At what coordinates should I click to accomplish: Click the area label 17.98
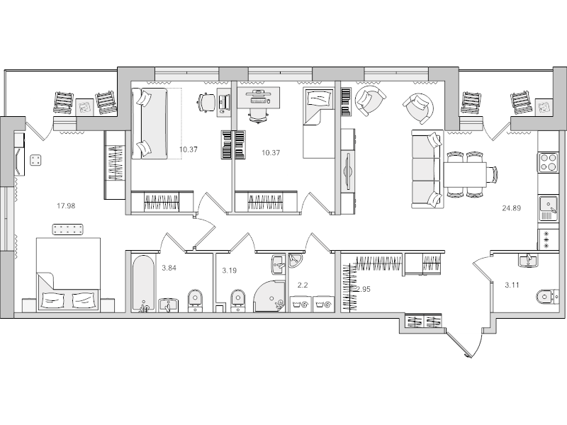click(66, 206)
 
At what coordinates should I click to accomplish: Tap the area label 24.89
click(511, 208)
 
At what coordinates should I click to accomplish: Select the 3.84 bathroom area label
click(170, 268)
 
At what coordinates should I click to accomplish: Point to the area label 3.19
click(230, 270)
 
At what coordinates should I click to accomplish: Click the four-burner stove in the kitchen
click(548, 162)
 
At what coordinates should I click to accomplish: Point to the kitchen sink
click(548, 206)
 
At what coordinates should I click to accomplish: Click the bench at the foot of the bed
click(68, 229)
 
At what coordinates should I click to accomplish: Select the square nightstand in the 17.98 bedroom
click(35, 161)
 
